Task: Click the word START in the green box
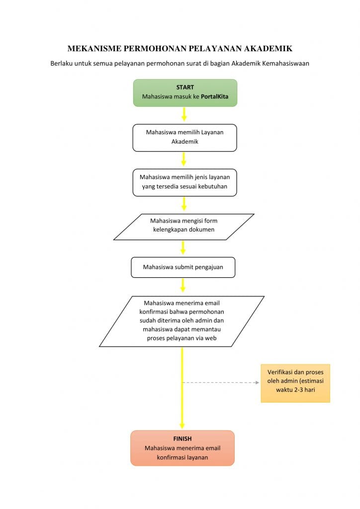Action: (185, 87)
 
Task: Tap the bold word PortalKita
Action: (215, 96)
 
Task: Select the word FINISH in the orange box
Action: (182, 439)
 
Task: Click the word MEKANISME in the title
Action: (94, 49)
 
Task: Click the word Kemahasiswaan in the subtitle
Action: (285, 63)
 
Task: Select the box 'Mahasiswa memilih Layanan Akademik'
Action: (184, 138)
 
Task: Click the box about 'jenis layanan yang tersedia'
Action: (184, 182)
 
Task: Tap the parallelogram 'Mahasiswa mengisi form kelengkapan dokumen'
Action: (184, 227)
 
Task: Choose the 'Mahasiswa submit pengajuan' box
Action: (183, 267)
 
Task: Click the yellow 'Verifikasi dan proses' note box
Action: (295, 383)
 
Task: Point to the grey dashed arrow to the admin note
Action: (221, 382)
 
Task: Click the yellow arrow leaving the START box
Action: (184, 114)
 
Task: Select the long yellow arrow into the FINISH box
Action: (182, 388)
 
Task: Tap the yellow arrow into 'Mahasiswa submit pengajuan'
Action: (183, 248)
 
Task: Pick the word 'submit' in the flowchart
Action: (184, 267)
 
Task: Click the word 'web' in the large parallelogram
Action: (211, 338)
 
